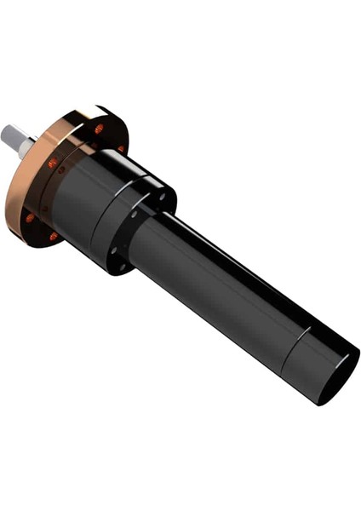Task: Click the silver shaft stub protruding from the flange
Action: click(x=17, y=140)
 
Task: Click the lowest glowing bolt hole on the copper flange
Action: click(x=54, y=235)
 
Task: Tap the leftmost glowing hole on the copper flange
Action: click(x=31, y=217)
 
